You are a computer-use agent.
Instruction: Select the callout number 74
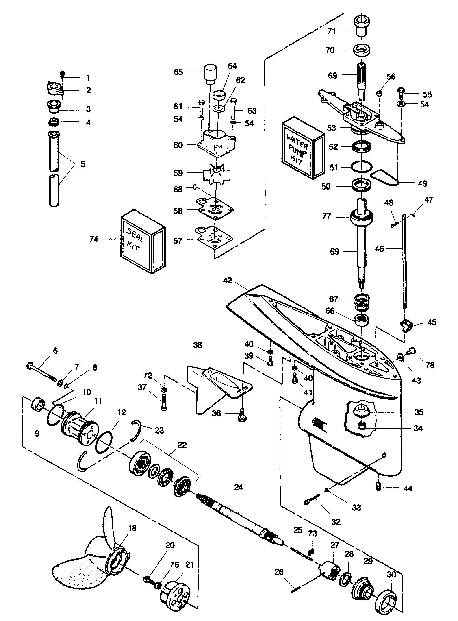94,239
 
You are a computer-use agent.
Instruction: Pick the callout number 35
419,412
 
